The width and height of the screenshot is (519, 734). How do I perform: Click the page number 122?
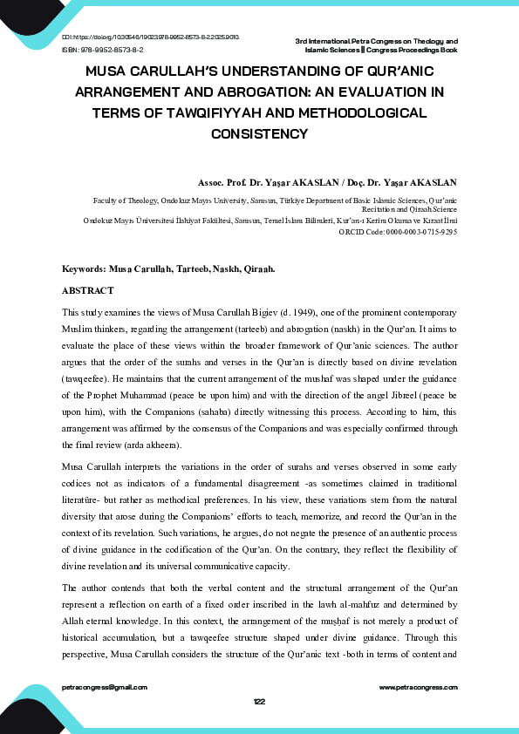click(259, 702)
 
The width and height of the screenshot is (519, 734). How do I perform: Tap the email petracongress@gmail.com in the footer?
click(105, 688)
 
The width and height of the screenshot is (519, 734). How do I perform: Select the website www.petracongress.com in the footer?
click(419, 688)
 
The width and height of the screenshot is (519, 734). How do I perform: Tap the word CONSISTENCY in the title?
click(259, 134)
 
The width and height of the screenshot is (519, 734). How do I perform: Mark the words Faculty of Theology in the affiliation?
click(123, 200)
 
